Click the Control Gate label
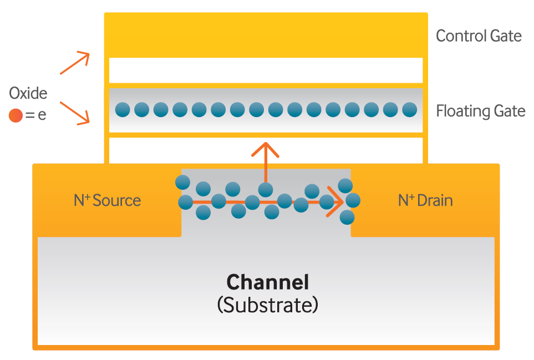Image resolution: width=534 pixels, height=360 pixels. click(479, 36)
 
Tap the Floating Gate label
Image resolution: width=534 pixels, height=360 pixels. click(480, 111)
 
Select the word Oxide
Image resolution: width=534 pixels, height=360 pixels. click(28, 93)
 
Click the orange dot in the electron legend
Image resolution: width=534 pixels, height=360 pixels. click(16, 116)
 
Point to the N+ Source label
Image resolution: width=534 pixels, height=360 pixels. click(107, 200)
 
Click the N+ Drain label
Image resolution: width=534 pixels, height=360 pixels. click(425, 200)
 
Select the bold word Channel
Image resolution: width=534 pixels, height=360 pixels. click(267, 282)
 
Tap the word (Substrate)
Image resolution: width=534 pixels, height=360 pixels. click(267, 305)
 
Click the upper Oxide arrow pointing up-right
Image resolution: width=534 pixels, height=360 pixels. click(75, 63)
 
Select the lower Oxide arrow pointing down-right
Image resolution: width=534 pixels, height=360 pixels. click(75, 113)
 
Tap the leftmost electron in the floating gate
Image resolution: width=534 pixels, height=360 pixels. click(123, 110)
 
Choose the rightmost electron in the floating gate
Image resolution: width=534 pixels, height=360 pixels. click(409, 110)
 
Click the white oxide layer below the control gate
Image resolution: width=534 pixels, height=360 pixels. click(266, 70)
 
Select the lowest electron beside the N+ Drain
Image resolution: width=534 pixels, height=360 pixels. click(347, 217)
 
